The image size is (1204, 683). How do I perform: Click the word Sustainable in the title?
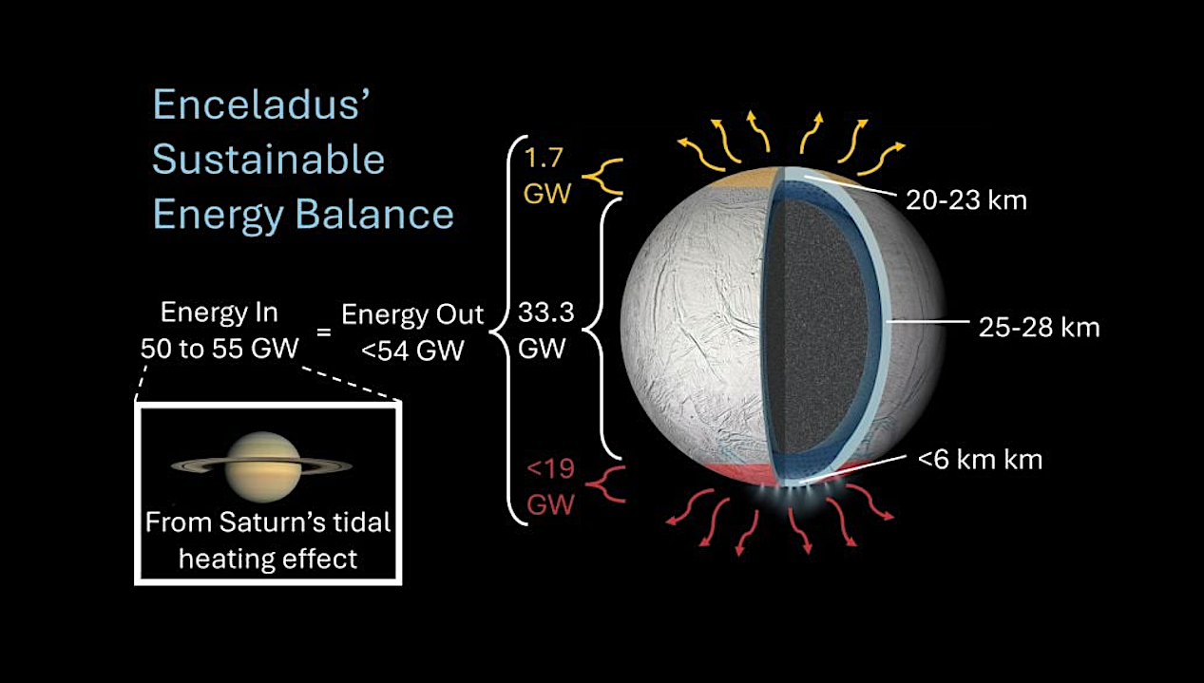tap(269, 160)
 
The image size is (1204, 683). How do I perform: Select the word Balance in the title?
tap(378, 215)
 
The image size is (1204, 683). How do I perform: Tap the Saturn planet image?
tap(261, 465)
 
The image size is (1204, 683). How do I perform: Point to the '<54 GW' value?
tap(412, 351)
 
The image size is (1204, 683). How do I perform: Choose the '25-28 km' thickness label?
tap(1039, 328)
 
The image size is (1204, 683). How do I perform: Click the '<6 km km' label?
tap(980, 461)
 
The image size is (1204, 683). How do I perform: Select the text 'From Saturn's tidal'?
tap(268, 522)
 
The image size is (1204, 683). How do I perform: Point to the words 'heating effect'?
tap(268, 558)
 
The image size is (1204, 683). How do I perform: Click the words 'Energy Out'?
tap(412, 315)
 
